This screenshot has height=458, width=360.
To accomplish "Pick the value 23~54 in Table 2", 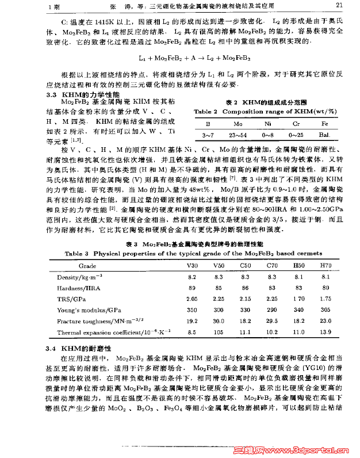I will (x=238, y=135).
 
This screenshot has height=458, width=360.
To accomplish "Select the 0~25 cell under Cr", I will (x=296, y=135).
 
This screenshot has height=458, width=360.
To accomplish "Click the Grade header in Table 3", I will (x=87, y=266).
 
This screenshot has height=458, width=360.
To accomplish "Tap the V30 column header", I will (x=192, y=266).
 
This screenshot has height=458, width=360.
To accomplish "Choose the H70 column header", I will (x=325, y=266).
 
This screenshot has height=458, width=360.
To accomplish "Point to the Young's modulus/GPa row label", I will (x=86, y=310).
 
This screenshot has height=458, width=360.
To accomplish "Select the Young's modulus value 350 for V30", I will (x=192, y=310).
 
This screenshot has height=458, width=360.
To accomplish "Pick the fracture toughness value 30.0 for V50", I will (x=219, y=321).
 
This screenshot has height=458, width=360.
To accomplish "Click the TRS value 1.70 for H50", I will (x=298, y=299).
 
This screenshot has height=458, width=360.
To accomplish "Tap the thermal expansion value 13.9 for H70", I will (x=325, y=333).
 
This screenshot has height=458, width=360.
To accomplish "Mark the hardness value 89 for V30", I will (x=192, y=288).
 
